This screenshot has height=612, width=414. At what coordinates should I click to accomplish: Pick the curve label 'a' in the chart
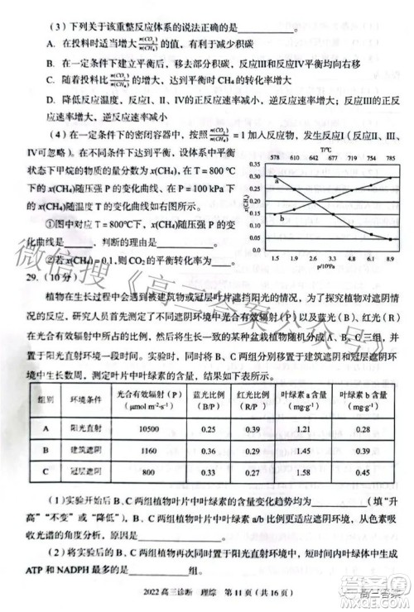coord(253,180)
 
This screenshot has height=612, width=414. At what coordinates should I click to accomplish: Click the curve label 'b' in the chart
coord(259,218)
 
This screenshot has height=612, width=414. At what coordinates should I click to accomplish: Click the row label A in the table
coord(46,428)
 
